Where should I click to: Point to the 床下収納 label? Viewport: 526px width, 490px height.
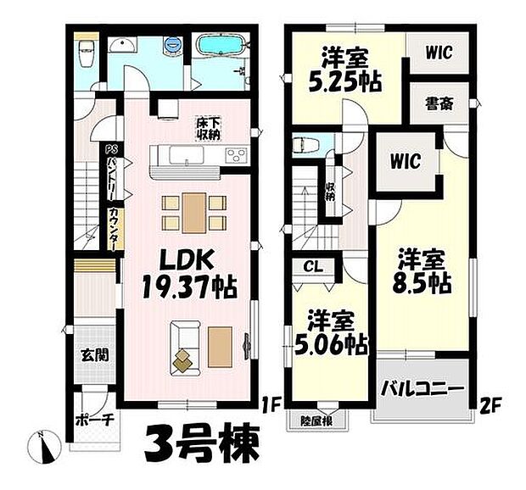209,128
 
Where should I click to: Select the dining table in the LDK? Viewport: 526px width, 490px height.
193,211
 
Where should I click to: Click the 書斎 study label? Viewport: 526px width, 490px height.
438,105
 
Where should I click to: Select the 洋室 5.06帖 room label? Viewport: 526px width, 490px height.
332,333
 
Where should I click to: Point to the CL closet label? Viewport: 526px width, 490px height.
313,266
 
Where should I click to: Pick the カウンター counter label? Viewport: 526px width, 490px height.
112,227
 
